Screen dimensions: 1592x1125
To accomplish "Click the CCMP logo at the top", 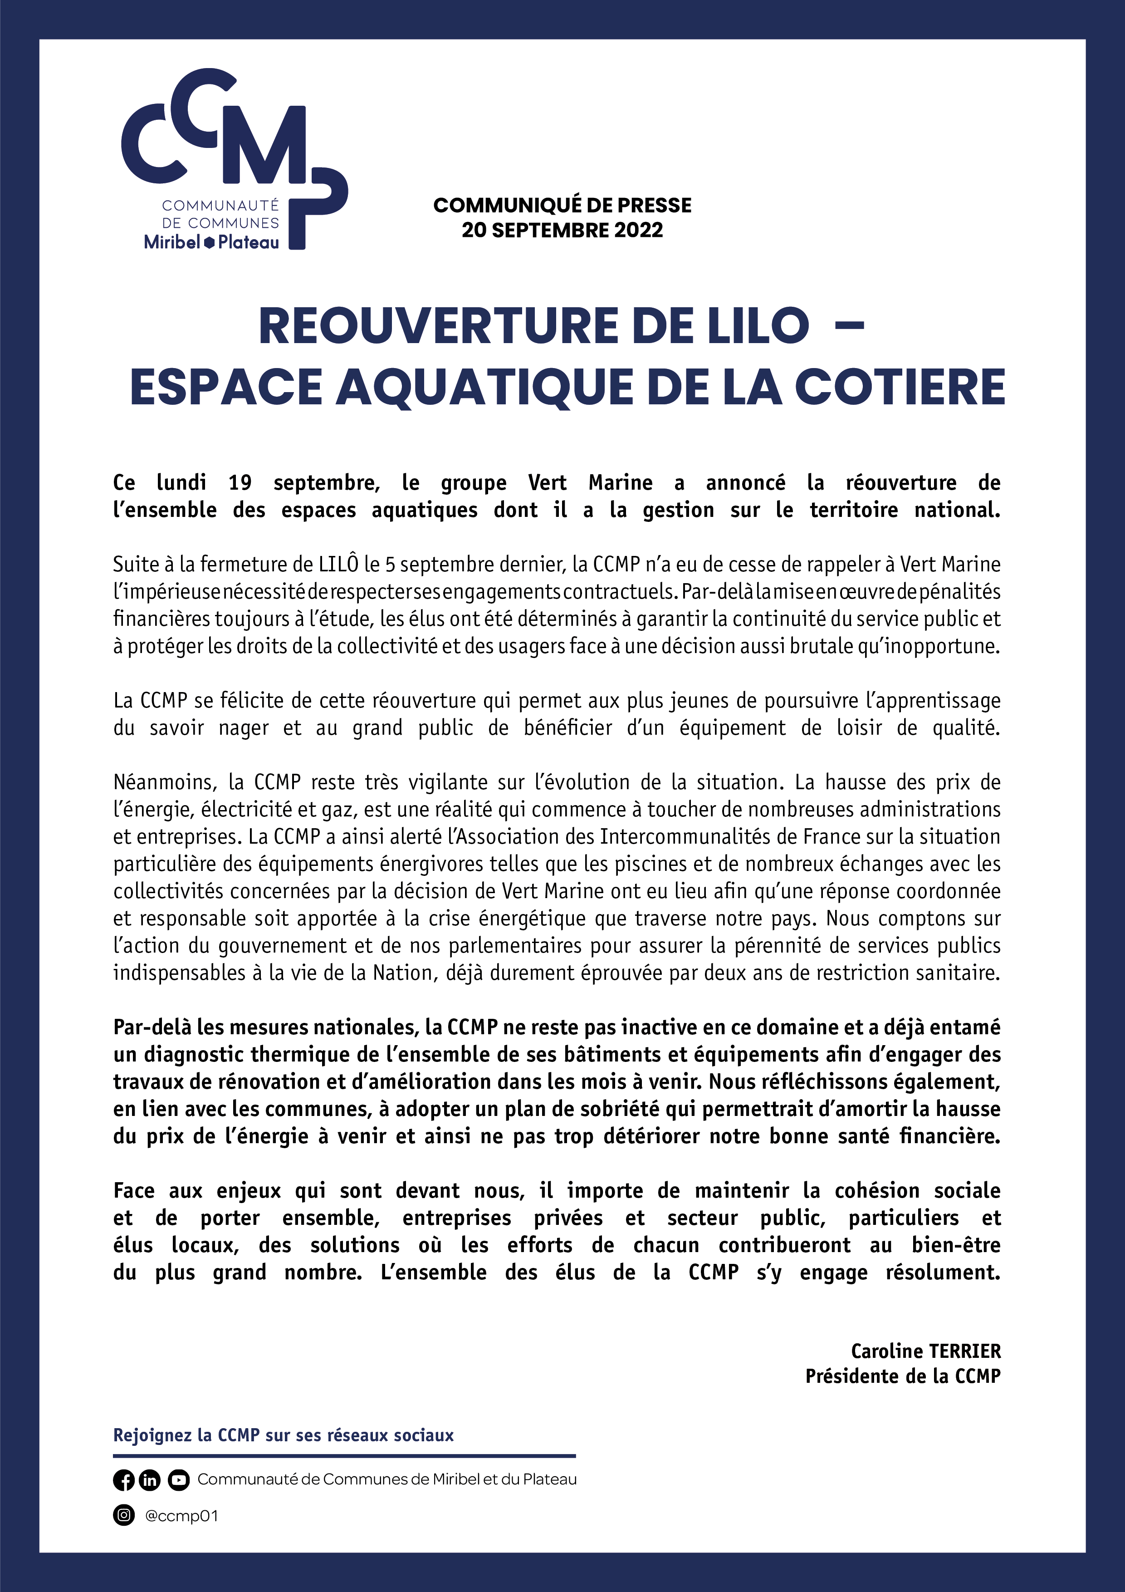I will tap(234, 159).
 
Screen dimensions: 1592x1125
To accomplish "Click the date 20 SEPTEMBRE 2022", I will tap(562, 230).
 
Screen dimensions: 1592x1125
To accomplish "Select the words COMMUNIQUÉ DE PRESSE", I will tap(562, 205).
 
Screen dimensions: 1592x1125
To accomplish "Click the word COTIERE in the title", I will tap(899, 387).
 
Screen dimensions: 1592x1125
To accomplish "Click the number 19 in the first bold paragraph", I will tap(240, 482).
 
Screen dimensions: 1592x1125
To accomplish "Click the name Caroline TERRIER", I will tap(925, 1351).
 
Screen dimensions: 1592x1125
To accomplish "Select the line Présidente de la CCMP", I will tap(903, 1376).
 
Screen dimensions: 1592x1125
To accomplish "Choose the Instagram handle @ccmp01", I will tap(181, 1516).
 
